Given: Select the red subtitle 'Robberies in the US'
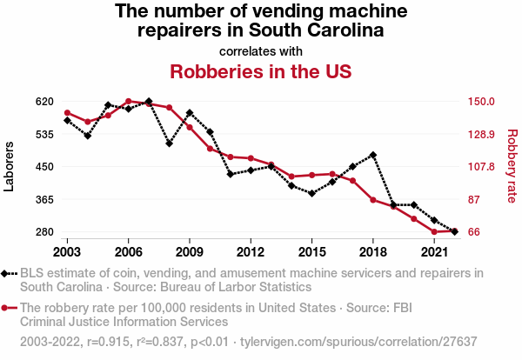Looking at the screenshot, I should [x=260, y=71].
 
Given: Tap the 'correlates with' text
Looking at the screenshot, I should [x=260, y=50].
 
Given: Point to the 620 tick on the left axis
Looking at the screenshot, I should [x=21, y=101].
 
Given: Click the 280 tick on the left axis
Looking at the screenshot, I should [x=21, y=232].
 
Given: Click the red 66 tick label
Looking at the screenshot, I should [x=473, y=232].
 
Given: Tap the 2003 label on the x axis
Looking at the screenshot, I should [x=67, y=251].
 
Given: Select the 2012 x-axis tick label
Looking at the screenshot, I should [x=251, y=251].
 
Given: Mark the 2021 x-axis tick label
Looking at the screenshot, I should [x=434, y=251].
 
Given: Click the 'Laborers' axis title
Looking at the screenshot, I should [x=10, y=166].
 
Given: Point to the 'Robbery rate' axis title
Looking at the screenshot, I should [x=512, y=166].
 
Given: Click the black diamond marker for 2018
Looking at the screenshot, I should [x=373, y=155].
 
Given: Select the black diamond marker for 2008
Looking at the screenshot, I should [x=169, y=143].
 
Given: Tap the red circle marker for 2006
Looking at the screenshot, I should [x=128, y=102].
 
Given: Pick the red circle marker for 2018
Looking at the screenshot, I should [x=373, y=200].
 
